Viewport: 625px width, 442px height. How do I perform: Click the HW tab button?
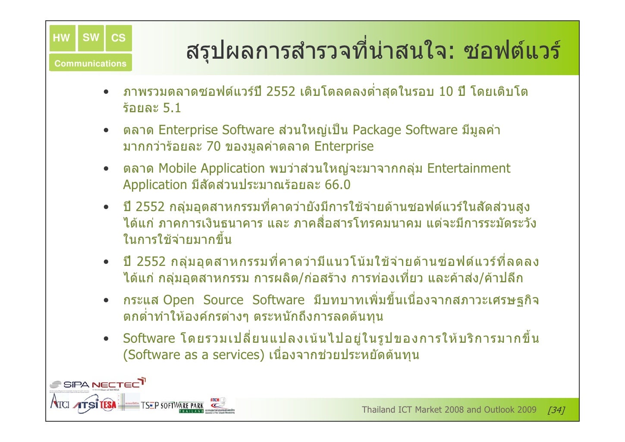pyautogui.click(x=62, y=38)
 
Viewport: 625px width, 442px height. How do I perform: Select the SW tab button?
pyautogui.click(x=91, y=38)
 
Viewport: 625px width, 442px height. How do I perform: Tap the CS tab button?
pyautogui.click(x=118, y=38)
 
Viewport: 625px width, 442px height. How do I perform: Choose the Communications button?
pyautogui.click(x=90, y=63)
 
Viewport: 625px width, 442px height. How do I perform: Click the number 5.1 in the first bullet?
pyautogui.click(x=172, y=108)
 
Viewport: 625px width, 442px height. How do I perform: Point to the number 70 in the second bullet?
pyautogui.click(x=213, y=146)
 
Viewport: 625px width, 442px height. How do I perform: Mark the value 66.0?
pyautogui.click(x=337, y=185)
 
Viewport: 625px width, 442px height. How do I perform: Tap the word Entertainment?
pyautogui.click(x=468, y=168)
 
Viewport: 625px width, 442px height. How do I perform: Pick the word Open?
pyautogui.click(x=179, y=300)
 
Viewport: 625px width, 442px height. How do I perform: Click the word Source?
pyautogui.click(x=223, y=300)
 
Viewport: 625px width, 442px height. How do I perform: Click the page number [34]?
pyautogui.click(x=556, y=410)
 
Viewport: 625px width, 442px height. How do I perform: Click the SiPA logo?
pyautogui.click(x=70, y=384)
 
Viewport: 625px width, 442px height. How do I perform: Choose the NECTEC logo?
pyautogui.click(x=118, y=384)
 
